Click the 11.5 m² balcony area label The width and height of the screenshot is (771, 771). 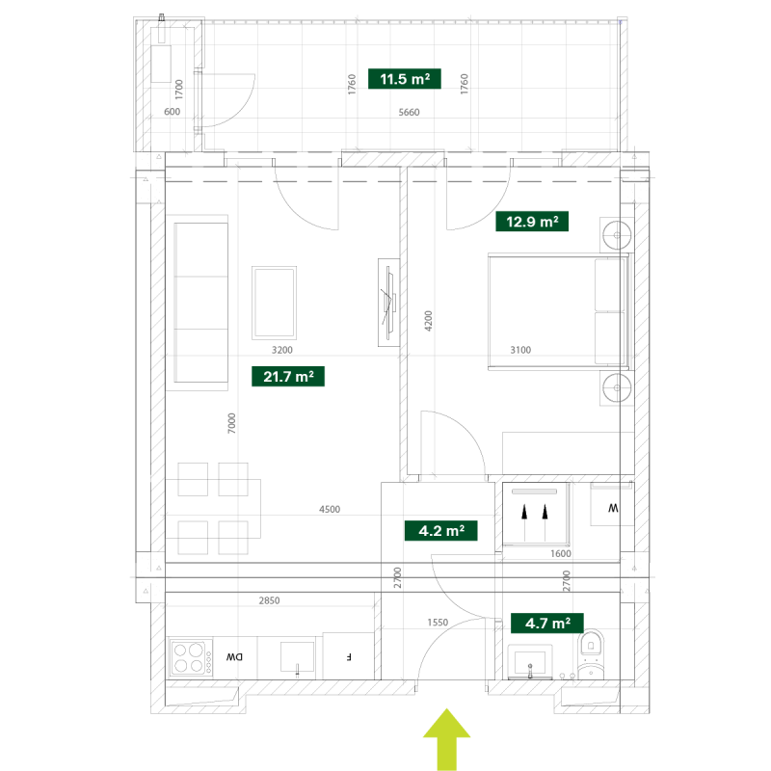pos(404,79)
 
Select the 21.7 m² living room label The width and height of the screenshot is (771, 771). pos(288,377)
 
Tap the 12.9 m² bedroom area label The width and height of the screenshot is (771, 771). pos(532,222)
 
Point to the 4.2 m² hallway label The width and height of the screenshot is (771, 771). pos(441,531)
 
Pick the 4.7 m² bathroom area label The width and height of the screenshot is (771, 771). pos(547,623)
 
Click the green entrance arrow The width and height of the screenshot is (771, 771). pos(446,739)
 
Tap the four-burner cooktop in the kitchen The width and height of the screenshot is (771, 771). pos(191,658)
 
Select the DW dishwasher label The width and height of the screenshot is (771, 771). pos(234,657)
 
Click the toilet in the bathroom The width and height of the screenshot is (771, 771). pos(591,654)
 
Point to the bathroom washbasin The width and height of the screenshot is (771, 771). pos(530,662)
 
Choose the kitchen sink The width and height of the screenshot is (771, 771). pos(297,657)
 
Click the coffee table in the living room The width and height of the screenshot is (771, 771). pos(274,303)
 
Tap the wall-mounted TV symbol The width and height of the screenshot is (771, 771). pos(389,303)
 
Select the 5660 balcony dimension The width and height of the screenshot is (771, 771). pos(409,112)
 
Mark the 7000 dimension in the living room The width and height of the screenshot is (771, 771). pos(231,423)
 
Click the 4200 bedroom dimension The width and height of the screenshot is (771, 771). pos(428,321)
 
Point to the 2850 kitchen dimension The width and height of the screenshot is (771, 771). pos(269,600)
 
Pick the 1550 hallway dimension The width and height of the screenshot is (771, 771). pos(438,622)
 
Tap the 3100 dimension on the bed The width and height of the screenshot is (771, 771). pos(520,350)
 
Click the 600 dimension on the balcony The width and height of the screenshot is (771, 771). pos(173,112)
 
